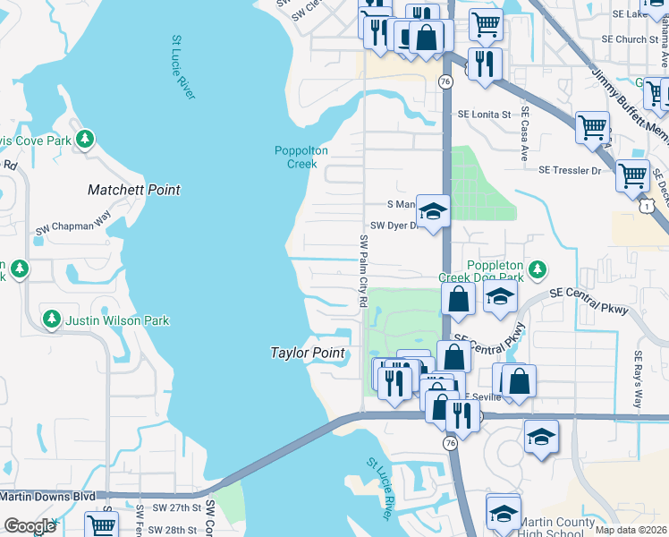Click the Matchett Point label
click(x=133, y=190)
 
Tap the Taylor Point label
click(x=308, y=353)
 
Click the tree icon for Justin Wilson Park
click(x=52, y=319)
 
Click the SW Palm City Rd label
click(x=364, y=271)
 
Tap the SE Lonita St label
click(x=484, y=115)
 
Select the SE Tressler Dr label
click(x=570, y=170)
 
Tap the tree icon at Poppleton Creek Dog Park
click(x=537, y=268)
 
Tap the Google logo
click(x=30, y=526)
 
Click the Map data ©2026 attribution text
click(x=631, y=530)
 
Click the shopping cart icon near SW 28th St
click(x=101, y=525)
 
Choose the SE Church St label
click(x=629, y=39)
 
